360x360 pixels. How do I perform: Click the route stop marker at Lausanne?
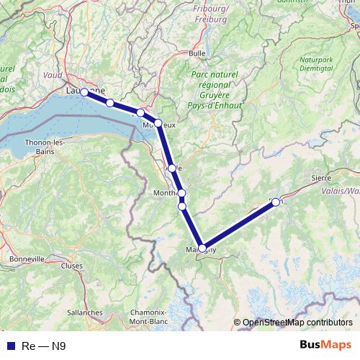(x=84, y=92)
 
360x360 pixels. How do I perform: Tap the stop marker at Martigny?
(x=202, y=248)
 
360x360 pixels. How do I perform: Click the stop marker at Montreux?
(x=158, y=123)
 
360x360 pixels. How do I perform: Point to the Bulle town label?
(x=197, y=53)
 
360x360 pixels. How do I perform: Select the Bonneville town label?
(x=26, y=258)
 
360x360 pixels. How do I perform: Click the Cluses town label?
(x=72, y=265)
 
